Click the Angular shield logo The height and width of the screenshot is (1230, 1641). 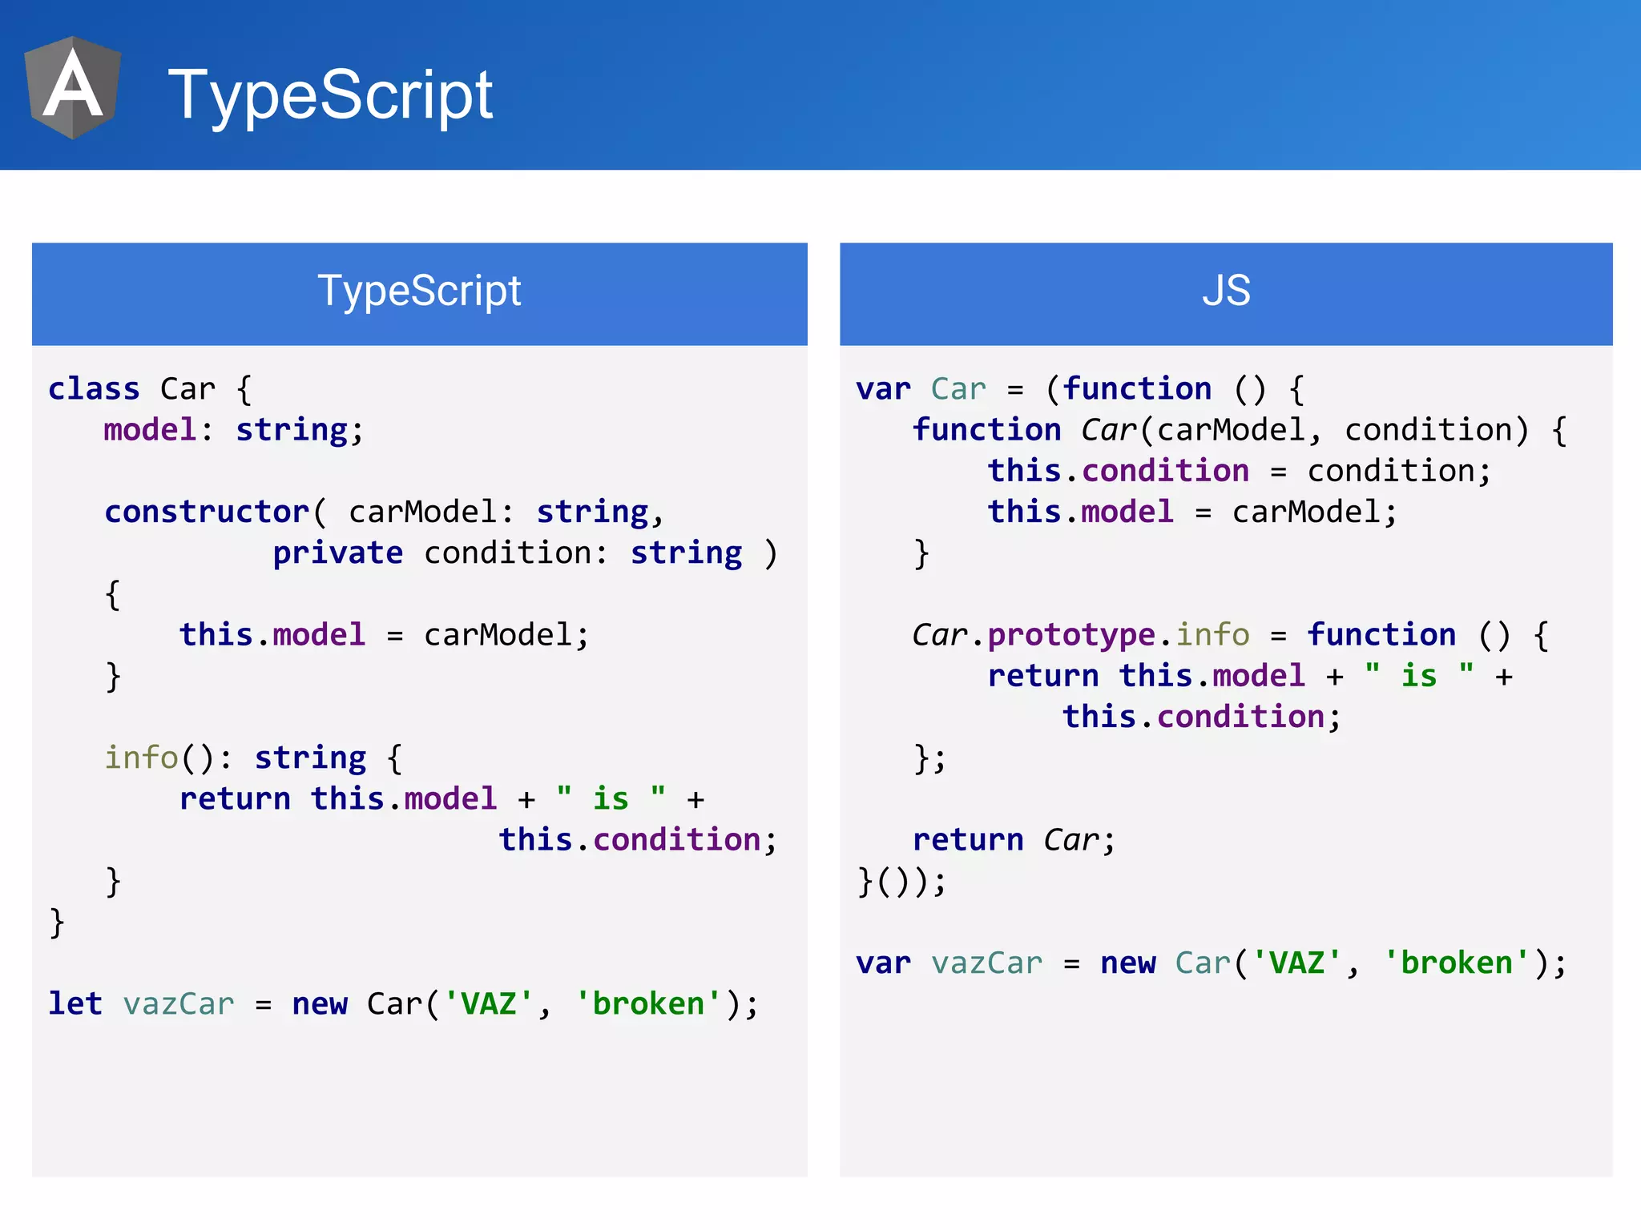point(73,87)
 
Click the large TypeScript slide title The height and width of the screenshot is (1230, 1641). point(330,94)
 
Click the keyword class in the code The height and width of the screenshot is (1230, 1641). point(94,389)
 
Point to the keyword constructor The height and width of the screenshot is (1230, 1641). point(207,512)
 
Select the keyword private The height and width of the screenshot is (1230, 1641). point(337,553)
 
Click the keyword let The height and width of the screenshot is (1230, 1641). point(75,1003)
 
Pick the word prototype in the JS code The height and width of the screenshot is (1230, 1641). point(1071,635)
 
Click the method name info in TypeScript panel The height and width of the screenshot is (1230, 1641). point(141,758)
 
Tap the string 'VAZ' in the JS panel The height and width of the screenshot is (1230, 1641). point(1296,963)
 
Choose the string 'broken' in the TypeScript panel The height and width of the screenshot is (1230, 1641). point(648,1003)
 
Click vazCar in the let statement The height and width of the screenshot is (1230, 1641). point(179,1003)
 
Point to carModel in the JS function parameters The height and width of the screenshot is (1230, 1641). point(1231,430)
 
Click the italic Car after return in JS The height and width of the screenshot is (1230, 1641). point(1071,840)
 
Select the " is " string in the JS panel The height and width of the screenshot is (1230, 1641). point(1419,676)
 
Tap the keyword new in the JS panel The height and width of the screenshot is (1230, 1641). point(1127,963)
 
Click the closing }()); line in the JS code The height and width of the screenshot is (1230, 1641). point(901,882)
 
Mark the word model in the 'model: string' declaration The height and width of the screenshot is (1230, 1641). point(150,430)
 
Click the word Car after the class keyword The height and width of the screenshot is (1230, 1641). point(187,389)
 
